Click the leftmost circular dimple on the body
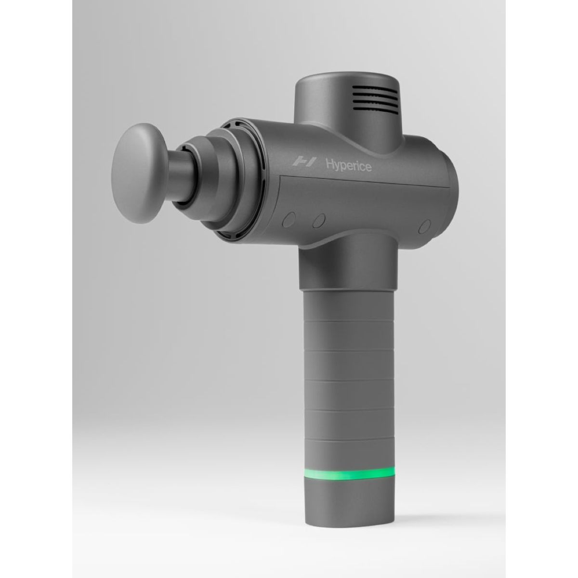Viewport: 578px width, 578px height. pos(289,218)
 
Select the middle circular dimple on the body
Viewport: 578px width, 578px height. pos(318,221)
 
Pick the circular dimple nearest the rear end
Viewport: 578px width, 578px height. pos(424,226)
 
